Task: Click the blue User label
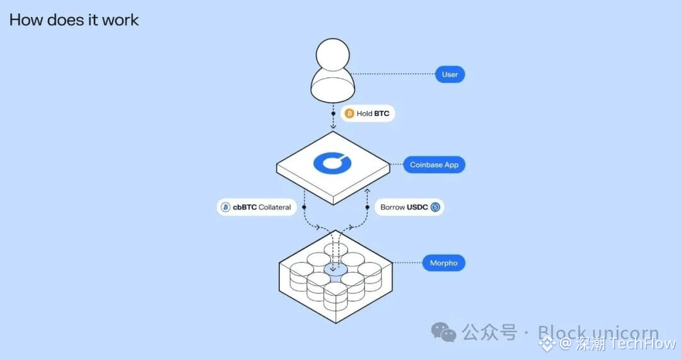click(450, 74)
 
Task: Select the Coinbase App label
click(434, 165)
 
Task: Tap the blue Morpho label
click(443, 263)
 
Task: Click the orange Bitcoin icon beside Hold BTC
click(349, 113)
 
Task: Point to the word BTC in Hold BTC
click(381, 113)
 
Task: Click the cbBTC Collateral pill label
click(257, 207)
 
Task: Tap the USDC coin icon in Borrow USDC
click(435, 207)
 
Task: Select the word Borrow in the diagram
click(392, 207)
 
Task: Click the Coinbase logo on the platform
click(332, 163)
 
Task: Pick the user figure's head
click(333, 55)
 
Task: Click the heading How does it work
click(74, 20)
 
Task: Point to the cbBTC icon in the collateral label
click(226, 207)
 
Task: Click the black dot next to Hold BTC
click(334, 113)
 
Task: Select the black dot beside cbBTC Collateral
click(304, 207)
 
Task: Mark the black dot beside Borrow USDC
click(367, 207)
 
